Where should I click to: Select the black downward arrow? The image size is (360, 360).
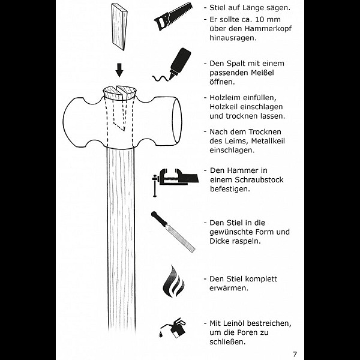pos(119,71)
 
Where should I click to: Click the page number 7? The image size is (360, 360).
pos(295,353)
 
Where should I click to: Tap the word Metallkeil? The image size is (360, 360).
pos(266,141)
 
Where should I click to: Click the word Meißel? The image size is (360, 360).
pos(268,73)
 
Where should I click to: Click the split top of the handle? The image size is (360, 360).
pos(119,92)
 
